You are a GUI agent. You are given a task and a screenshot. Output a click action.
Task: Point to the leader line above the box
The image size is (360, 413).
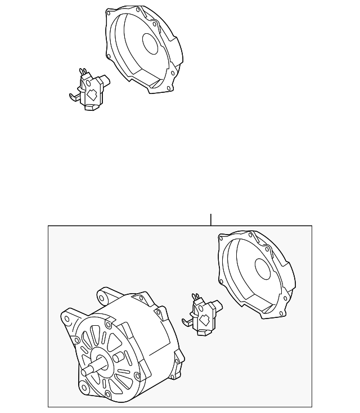[x=211, y=219]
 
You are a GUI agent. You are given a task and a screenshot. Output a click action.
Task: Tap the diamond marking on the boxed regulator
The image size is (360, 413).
[x=204, y=321]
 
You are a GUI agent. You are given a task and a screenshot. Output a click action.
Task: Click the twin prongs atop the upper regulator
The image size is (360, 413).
[x=84, y=71]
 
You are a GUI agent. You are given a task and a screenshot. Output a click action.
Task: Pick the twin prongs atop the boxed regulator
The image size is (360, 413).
[x=196, y=296]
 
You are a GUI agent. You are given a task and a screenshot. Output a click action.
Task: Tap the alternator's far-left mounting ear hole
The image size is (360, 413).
[x=68, y=318]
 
